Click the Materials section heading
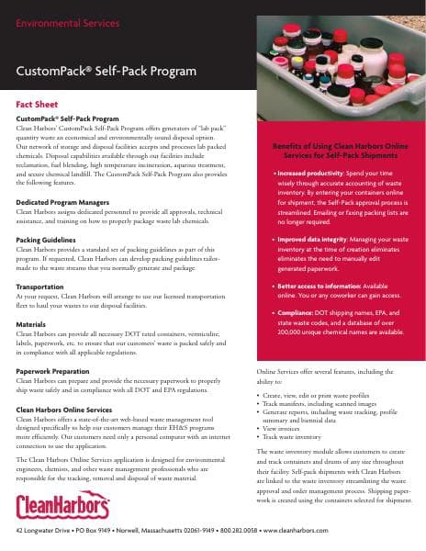[32, 323]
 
